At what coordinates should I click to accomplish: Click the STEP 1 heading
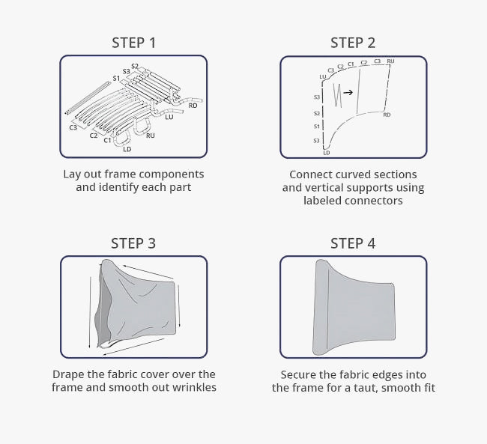pos(133,43)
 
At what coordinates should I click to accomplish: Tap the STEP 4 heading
pos(353,243)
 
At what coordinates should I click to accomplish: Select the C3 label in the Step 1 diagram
pos(73,128)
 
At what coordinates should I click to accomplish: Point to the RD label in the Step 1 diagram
pos(193,106)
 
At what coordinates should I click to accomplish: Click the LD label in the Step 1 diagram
pos(127,149)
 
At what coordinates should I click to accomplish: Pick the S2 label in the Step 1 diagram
pos(135,66)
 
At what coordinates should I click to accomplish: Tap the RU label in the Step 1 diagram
pos(151,136)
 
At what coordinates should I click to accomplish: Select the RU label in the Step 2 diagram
pos(390,61)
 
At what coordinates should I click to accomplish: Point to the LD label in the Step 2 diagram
pos(326,152)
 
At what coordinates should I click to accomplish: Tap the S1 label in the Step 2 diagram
pos(317,127)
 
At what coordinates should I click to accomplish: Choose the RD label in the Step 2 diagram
pos(387,115)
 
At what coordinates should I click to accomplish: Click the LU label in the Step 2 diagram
pos(322,76)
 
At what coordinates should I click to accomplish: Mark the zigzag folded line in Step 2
pos(339,95)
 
